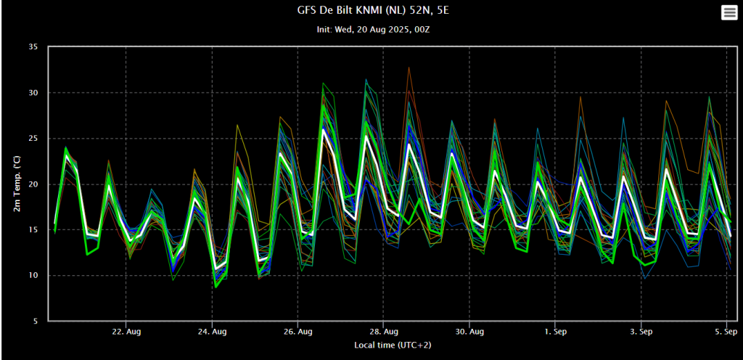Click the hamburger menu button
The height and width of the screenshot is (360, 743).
coord(728,12)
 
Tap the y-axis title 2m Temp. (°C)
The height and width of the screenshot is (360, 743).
coord(17,184)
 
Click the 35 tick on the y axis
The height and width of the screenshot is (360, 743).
coord(33,47)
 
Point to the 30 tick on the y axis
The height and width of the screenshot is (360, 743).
coord(33,93)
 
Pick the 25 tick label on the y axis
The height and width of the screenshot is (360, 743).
coord(33,139)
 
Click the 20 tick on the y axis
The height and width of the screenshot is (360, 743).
coord(33,184)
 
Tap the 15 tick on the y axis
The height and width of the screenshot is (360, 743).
coord(33,230)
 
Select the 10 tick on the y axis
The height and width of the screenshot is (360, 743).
coord(33,276)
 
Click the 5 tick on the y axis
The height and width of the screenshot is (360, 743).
coord(35,321)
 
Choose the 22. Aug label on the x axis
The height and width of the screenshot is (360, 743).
coord(126,332)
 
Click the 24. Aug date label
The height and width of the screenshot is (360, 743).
coord(212,332)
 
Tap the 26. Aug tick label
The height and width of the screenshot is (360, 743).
coord(297,332)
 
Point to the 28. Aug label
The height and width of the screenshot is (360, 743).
coord(384,332)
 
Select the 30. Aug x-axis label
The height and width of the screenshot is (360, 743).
coord(469,332)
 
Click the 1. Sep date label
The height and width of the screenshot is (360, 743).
coord(555,332)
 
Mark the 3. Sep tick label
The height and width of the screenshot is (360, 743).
coord(641,332)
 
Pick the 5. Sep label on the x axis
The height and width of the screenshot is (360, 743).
coord(726,332)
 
